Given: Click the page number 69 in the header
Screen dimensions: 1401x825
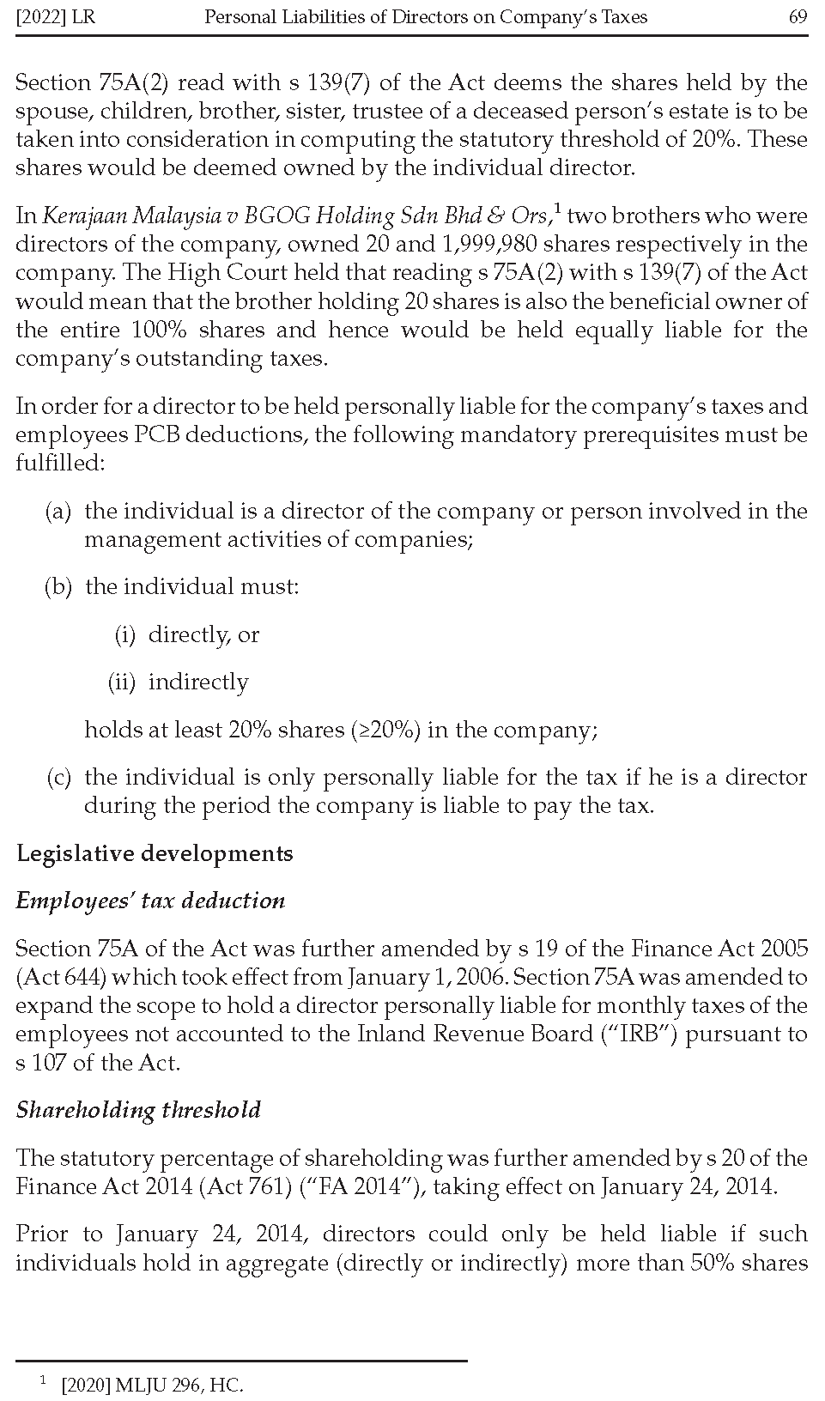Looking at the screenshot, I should (x=798, y=17).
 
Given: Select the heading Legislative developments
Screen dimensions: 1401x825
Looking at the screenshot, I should (x=155, y=853).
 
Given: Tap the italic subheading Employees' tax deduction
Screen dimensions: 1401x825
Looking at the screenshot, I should (x=150, y=901).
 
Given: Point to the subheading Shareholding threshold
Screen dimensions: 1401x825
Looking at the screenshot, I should (x=138, y=1110).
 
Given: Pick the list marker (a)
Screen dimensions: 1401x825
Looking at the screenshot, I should (x=58, y=512).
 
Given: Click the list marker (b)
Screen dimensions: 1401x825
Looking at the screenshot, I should (x=58, y=587).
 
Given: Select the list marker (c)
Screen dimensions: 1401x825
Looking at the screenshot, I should (x=58, y=778).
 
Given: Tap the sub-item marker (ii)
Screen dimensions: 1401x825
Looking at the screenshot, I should (x=121, y=682).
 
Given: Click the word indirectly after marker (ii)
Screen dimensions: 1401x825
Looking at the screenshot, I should (x=198, y=682).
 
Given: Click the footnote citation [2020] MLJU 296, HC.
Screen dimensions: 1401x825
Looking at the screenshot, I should (x=152, y=1385).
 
